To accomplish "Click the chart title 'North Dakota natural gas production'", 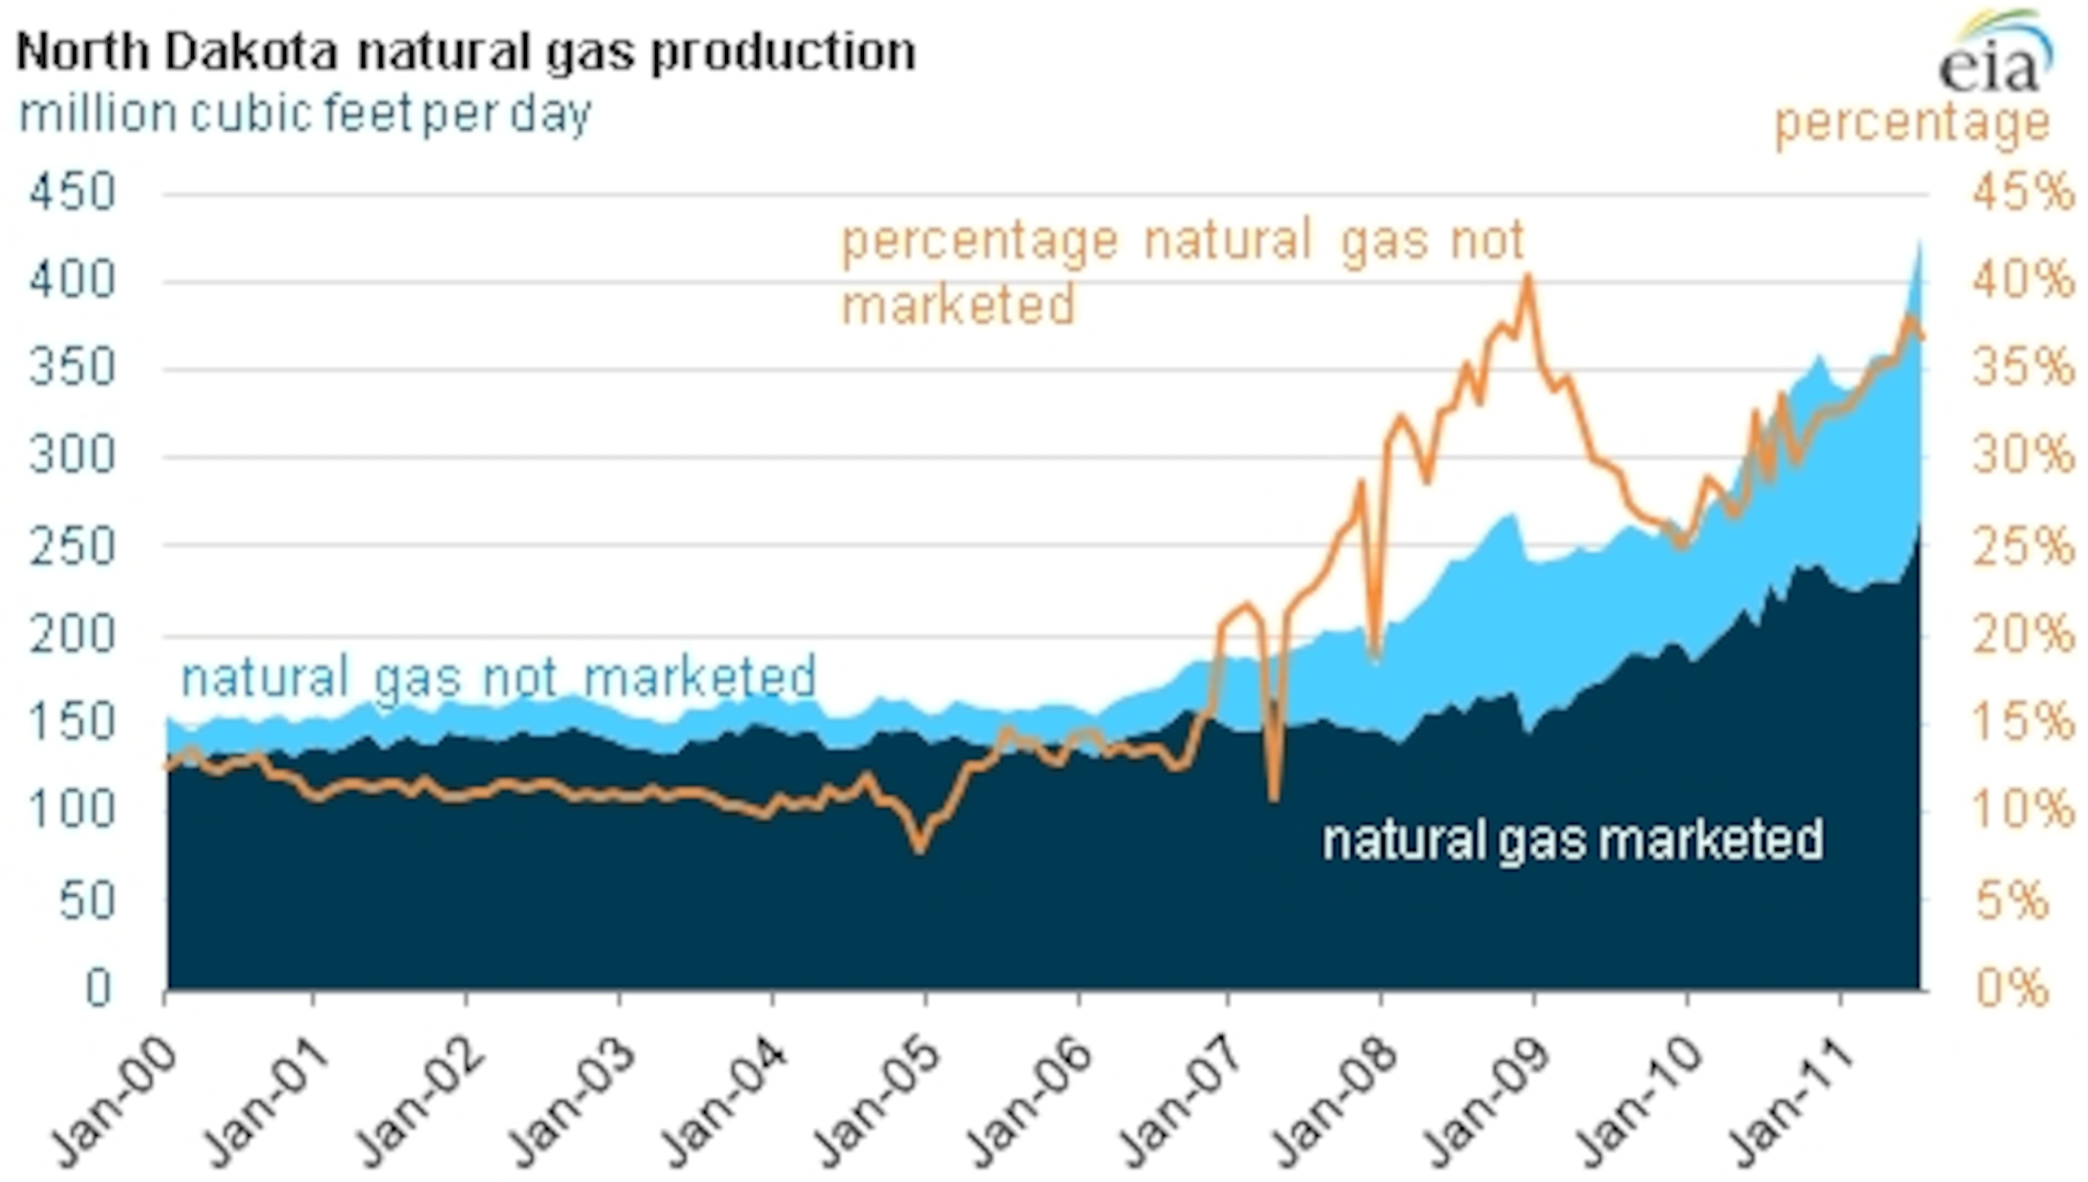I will click(466, 52).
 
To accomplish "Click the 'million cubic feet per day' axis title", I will click(304, 114).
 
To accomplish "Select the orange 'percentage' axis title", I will click(1913, 124).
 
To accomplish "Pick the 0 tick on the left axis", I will click(97, 988).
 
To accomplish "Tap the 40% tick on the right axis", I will click(2021, 281).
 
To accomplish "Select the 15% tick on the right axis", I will click(2021, 721).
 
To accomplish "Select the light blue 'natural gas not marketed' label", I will click(498, 676).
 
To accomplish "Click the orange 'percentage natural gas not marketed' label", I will click(1182, 272).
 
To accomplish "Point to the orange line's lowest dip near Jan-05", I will click(919, 849).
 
